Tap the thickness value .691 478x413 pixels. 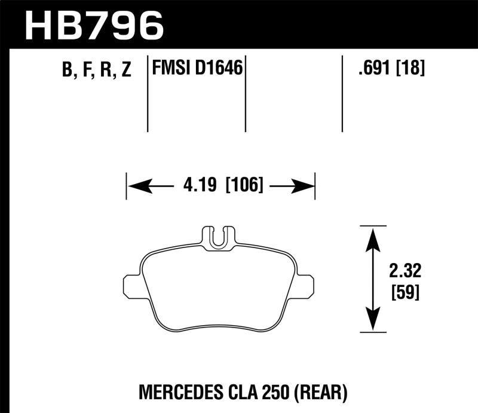372,69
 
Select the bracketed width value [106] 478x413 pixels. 244,186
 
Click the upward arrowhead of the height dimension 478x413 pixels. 373,237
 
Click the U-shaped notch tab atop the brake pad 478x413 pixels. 219,237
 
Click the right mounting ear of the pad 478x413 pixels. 305,285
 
